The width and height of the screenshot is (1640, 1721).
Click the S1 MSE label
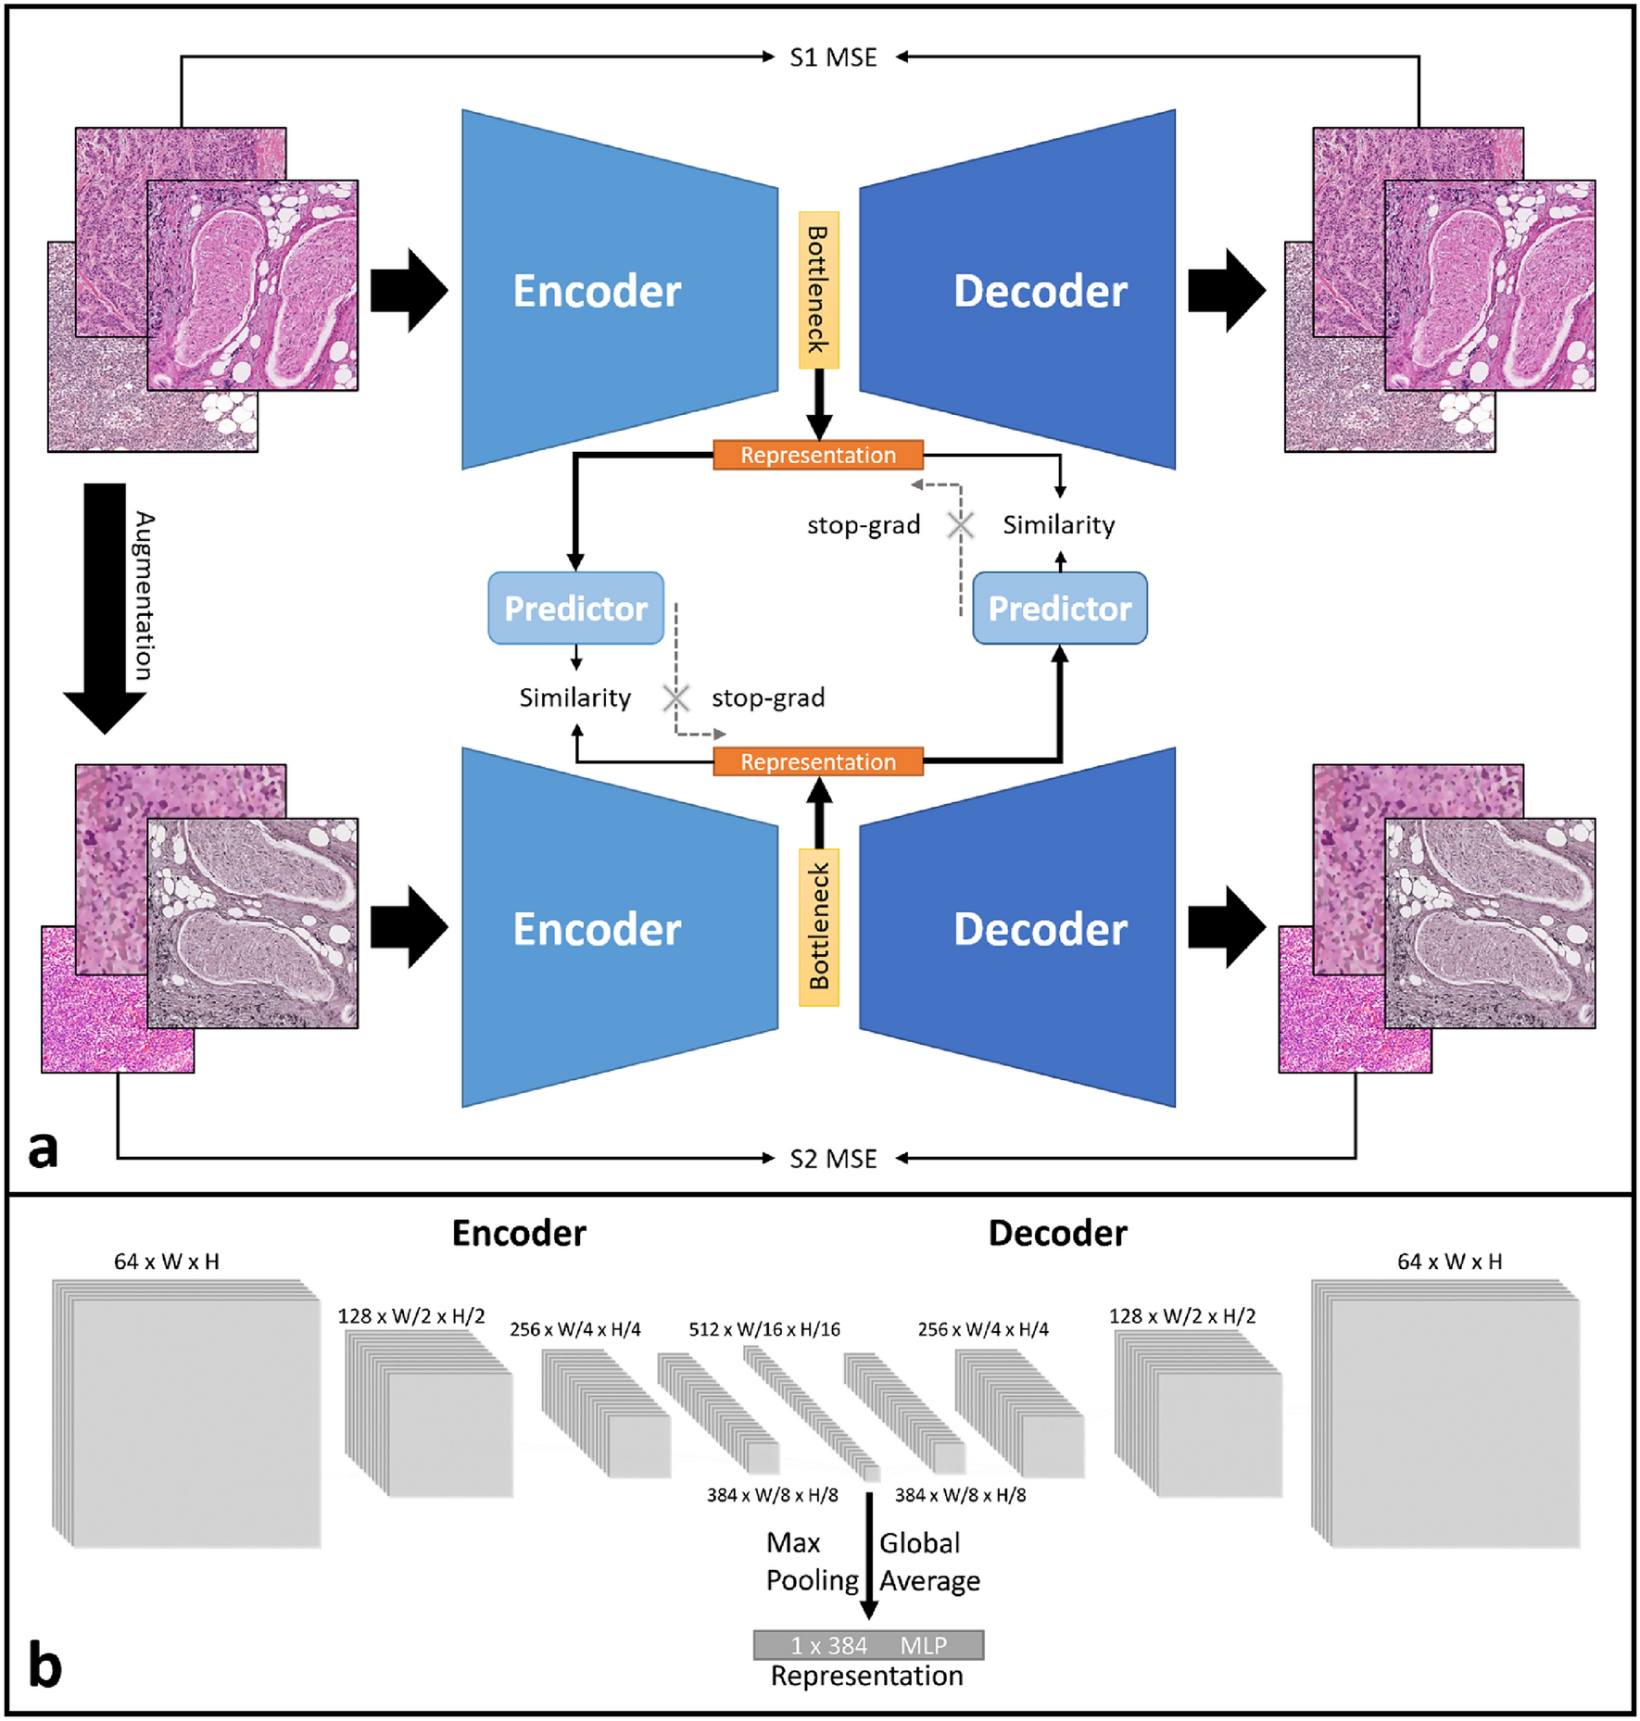pyautogui.click(x=832, y=57)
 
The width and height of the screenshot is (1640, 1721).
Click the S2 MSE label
pyautogui.click(x=832, y=1159)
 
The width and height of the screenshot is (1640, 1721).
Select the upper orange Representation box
pyautogui.click(x=817, y=455)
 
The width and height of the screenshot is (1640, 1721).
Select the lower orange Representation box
pyautogui.click(x=817, y=761)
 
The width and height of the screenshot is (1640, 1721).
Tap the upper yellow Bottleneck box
pyautogui.click(x=818, y=290)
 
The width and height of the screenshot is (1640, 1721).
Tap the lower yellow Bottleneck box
pyautogui.click(x=818, y=927)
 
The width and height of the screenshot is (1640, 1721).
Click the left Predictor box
pyautogui.click(x=575, y=609)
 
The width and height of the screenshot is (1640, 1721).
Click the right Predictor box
pyautogui.click(x=1059, y=609)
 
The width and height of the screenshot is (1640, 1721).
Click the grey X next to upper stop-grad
pyautogui.click(x=960, y=525)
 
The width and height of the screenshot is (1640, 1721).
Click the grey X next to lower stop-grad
pyautogui.click(x=676, y=697)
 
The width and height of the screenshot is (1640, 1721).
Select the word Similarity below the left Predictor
pyautogui.click(x=574, y=697)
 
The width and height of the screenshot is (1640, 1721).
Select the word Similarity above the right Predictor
pyautogui.click(x=1058, y=525)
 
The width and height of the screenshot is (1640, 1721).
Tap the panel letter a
pyautogui.click(x=43, y=1149)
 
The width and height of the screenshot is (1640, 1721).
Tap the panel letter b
pyautogui.click(x=44, y=1664)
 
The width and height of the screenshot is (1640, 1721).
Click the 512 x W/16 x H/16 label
pyautogui.click(x=763, y=1329)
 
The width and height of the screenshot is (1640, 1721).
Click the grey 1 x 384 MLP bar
pyautogui.click(x=868, y=1645)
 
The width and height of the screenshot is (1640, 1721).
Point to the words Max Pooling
pyautogui.click(x=810, y=1562)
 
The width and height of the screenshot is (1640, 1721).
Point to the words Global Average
pyautogui.click(x=928, y=1562)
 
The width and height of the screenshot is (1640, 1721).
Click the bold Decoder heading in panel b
pyautogui.click(x=1057, y=1234)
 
